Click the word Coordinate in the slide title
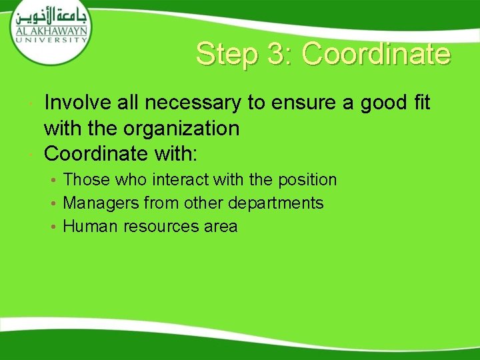(x=376, y=54)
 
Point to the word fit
(x=419, y=103)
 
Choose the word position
(x=309, y=180)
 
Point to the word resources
(x=156, y=227)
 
